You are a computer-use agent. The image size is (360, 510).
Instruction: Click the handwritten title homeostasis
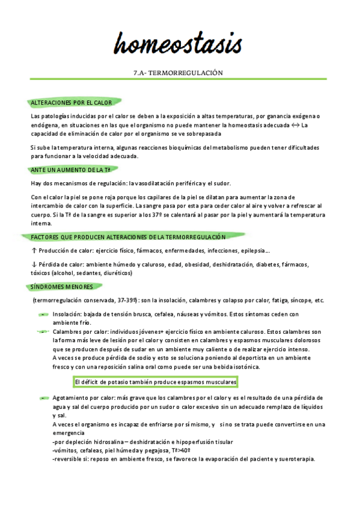tap(179, 43)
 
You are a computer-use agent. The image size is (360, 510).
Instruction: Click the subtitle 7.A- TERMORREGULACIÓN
tap(178, 73)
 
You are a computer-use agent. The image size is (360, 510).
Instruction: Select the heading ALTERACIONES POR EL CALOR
tap(71, 103)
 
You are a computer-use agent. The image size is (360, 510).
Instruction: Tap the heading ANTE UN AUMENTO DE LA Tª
tap(70, 170)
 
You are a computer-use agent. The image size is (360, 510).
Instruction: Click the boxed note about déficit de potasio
tap(156, 382)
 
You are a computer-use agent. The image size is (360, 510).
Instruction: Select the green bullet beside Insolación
tap(43, 315)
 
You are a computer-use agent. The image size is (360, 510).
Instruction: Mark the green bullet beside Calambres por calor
tap(43, 332)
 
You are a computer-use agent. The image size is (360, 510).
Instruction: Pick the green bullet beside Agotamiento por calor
tap(43, 398)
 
